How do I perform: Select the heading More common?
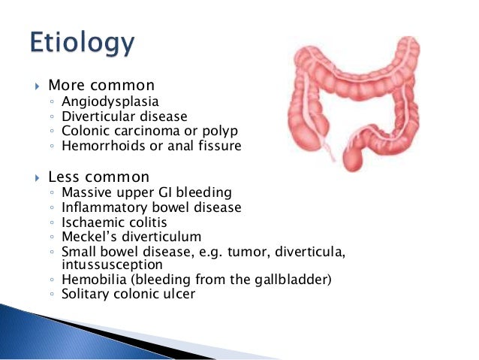point(101,85)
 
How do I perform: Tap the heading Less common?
point(98,177)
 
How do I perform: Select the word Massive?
point(85,193)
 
